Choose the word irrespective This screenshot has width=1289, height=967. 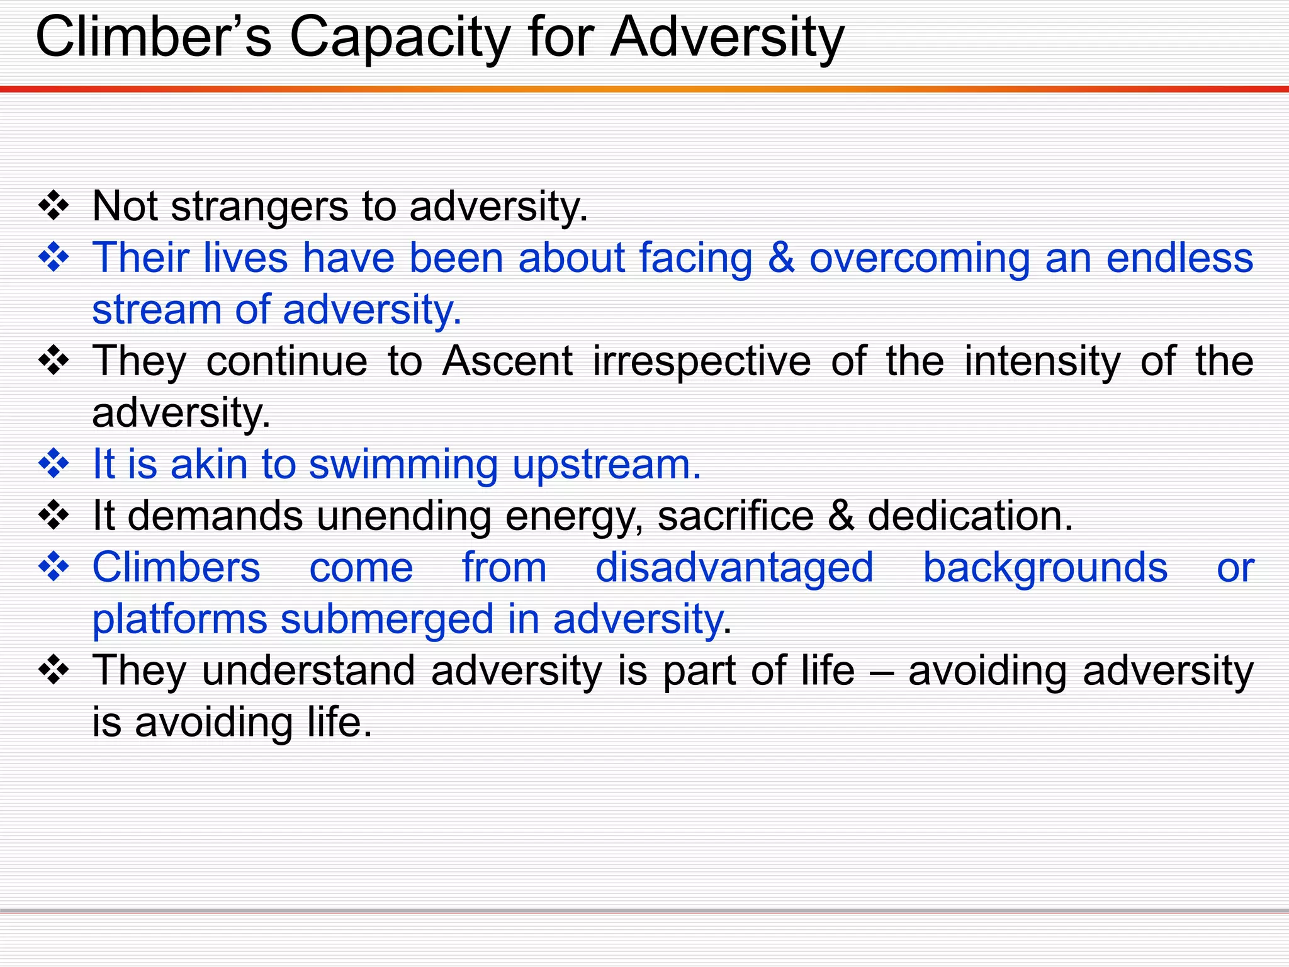click(702, 363)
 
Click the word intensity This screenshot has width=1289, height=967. click(1042, 363)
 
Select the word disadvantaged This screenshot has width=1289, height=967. click(735, 568)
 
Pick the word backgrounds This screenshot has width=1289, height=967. click(1045, 568)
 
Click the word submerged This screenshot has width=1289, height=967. click(387, 619)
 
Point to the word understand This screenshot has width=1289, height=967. click(308, 671)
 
